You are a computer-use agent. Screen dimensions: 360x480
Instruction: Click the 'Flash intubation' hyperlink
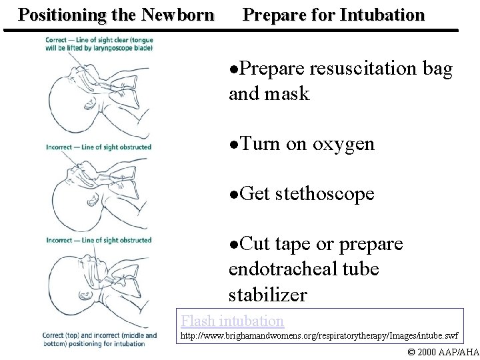(233, 321)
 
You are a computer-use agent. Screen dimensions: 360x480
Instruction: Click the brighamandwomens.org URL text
(320, 336)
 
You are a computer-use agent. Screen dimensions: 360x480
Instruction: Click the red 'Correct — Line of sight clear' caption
(99, 45)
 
